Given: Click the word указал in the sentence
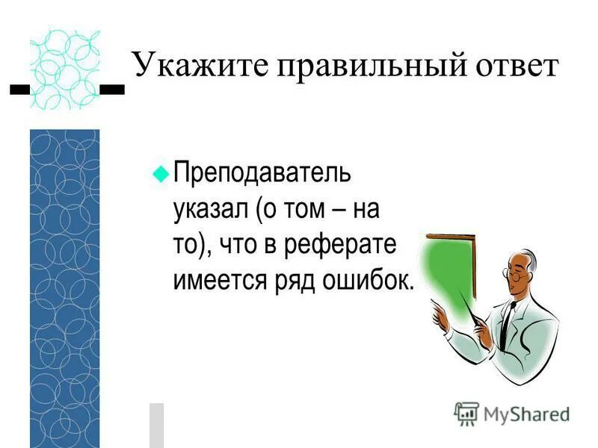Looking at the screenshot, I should tap(210, 210).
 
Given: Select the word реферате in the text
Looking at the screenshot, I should tap(356, 246).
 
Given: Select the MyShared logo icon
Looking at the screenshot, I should tap(466, 414).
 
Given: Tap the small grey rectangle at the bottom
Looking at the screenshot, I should tap(156, 425).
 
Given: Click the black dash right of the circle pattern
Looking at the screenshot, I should tap(112, 90).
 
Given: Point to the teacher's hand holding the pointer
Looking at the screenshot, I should tap(441, 314).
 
